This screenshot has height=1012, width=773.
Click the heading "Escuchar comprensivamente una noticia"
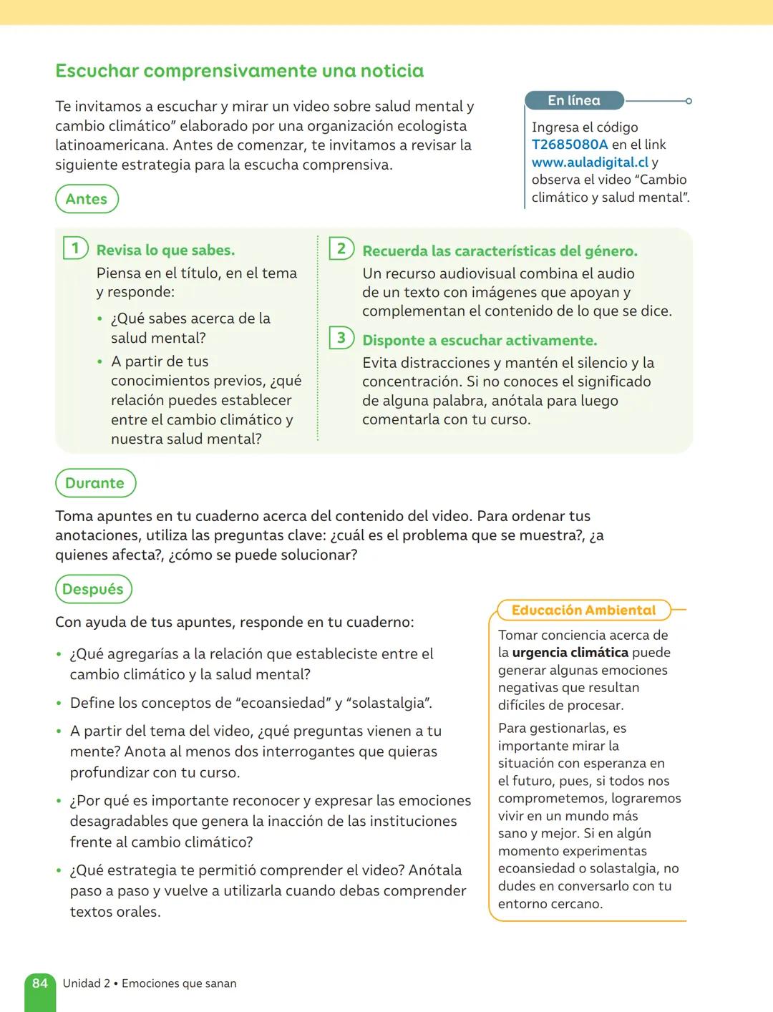pyautogui.click(x=239, y=71)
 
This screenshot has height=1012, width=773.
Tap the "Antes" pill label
pyautogui.click(x=87, y=199)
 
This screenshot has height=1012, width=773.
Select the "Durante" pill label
pyautogui.click(x=94, y=483)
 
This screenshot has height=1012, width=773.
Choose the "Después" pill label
pyautogui.click(x=93, y=589)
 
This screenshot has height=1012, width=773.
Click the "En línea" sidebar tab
pyautogui.click(x=574, y=101)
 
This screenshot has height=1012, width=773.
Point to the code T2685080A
pyautogui.click(x=570, y=145)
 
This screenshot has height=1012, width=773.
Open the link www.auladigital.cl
pyautogui.click(x=590, y=162)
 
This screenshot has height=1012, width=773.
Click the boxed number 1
pyautogui.click(x=75, y=248)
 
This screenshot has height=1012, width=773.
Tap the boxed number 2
pyautogui.click(x=341, y=248)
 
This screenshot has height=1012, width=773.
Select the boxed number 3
pyautogui.click(x=341, y=338)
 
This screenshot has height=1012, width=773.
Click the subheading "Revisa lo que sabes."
pyautogui.click(x=165, y=250)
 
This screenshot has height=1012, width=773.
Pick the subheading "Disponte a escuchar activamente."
pyautogui.click(x=480, y=341)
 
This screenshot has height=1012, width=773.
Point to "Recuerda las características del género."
pyautogui.click(x=500, y=251)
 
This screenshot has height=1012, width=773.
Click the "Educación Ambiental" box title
pyautogui.click(x=583, y=610)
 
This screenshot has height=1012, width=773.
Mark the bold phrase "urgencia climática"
pyautogui.click(x=570, y=653)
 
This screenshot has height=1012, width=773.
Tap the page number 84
pyautogui.click(x=40, y=983)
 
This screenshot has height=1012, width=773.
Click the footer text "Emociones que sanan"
pyautogui.click(x=179, y=984)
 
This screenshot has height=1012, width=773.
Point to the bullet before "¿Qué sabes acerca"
pyautogui.click(x=99, y=319)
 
